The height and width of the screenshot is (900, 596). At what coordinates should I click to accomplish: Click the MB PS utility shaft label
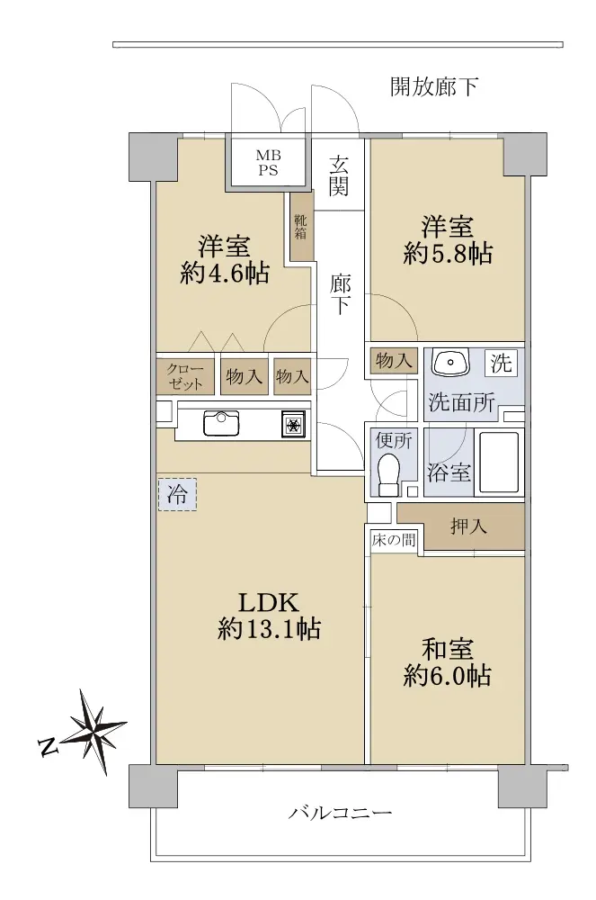(268, 162)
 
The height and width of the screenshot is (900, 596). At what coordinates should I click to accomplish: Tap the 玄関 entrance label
(339, 175)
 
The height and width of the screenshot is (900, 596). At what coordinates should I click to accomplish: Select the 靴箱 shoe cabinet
(301, 225)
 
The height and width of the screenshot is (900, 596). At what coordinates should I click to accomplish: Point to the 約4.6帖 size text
(225, 273)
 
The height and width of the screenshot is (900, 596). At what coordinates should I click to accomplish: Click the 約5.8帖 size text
(448, 253)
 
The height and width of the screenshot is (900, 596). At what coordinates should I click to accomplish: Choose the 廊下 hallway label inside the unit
(341, 294)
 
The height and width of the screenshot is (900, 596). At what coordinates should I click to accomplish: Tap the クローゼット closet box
(185, 376)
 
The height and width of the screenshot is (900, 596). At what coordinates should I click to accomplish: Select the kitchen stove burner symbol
(293, 426)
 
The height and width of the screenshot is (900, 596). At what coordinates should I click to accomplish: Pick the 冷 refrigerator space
(177, 494)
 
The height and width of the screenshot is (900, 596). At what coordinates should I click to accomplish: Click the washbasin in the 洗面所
(450, 362)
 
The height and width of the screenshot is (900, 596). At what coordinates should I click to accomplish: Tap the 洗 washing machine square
(501, 363)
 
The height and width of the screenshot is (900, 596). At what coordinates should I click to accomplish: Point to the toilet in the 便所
(389, 474)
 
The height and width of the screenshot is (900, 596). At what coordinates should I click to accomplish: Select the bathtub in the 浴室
(499, 462)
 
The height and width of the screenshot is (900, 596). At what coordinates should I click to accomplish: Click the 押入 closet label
(468, 526)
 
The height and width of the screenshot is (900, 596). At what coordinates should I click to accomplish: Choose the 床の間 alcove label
(394, 540)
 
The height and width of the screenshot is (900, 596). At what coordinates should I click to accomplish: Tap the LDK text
(269, 603)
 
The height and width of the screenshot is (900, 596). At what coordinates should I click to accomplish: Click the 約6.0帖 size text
(448, 676)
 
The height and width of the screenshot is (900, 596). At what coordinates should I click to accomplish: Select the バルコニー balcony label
(340, 813)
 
